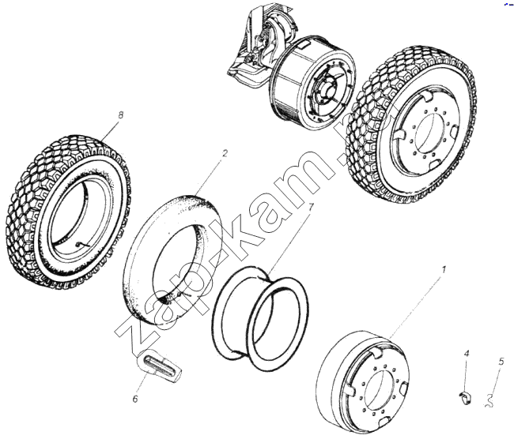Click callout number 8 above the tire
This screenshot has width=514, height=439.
tap(121, 115)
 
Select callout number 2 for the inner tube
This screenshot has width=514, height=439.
tap(225, 153)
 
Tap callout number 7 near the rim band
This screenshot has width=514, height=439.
tap(311, 207)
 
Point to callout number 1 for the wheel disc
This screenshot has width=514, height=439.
tap(444, 270)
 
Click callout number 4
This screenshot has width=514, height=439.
tap(467, 353)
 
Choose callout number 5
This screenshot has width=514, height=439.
tap(501, 362)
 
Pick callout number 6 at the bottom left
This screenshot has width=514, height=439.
tap(135, 399)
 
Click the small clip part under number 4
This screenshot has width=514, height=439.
tap(466, 397)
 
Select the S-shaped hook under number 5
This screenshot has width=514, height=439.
tap(489, 400)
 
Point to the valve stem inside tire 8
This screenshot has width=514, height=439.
tap(82, 245)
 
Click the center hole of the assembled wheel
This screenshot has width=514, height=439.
tap(428, 130)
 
